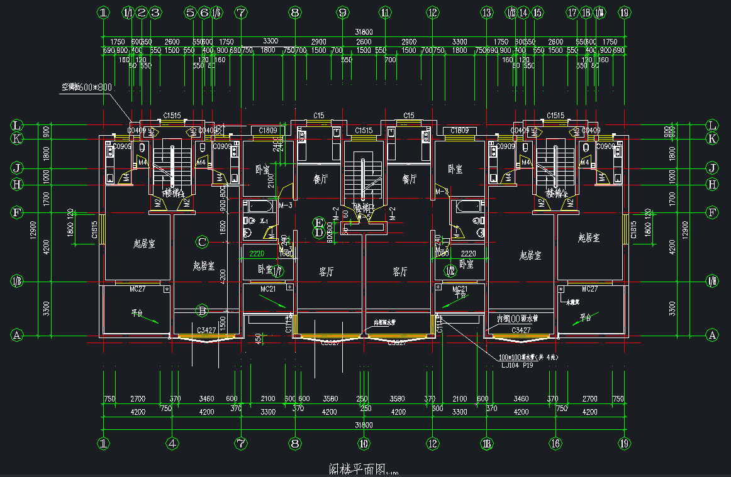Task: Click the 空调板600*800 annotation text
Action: coord(86,87)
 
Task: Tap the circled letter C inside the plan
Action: coord(202,241)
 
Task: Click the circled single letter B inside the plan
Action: coord(202,310)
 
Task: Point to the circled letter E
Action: coord(319,223)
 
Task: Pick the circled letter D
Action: coord(319,233)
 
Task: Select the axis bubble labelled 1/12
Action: coord(450,270)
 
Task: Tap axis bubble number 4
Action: coord(172,443)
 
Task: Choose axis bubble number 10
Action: coord(363,443)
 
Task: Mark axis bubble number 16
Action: coord(554,443)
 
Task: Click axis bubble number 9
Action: coord(342,12)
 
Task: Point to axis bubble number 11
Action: coord(385,12)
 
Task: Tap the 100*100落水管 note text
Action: coord(528,357)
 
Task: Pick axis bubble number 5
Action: coord(191,12)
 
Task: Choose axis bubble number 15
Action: coord(537,12)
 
